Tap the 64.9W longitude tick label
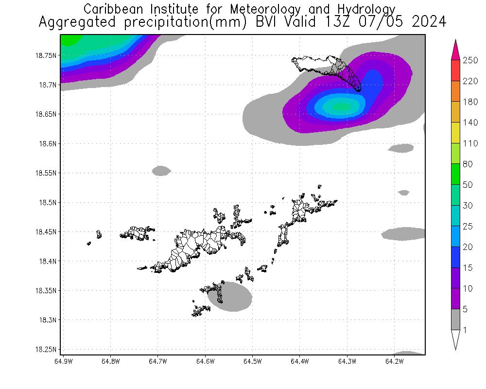pos(64,361)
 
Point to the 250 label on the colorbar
pos(470,60)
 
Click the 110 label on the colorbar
pos(470,143)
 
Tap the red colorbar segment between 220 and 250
pos(455,71)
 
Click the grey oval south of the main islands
pos(233,297)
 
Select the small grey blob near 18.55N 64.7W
pos(161,171)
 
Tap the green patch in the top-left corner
pos(70,40)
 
